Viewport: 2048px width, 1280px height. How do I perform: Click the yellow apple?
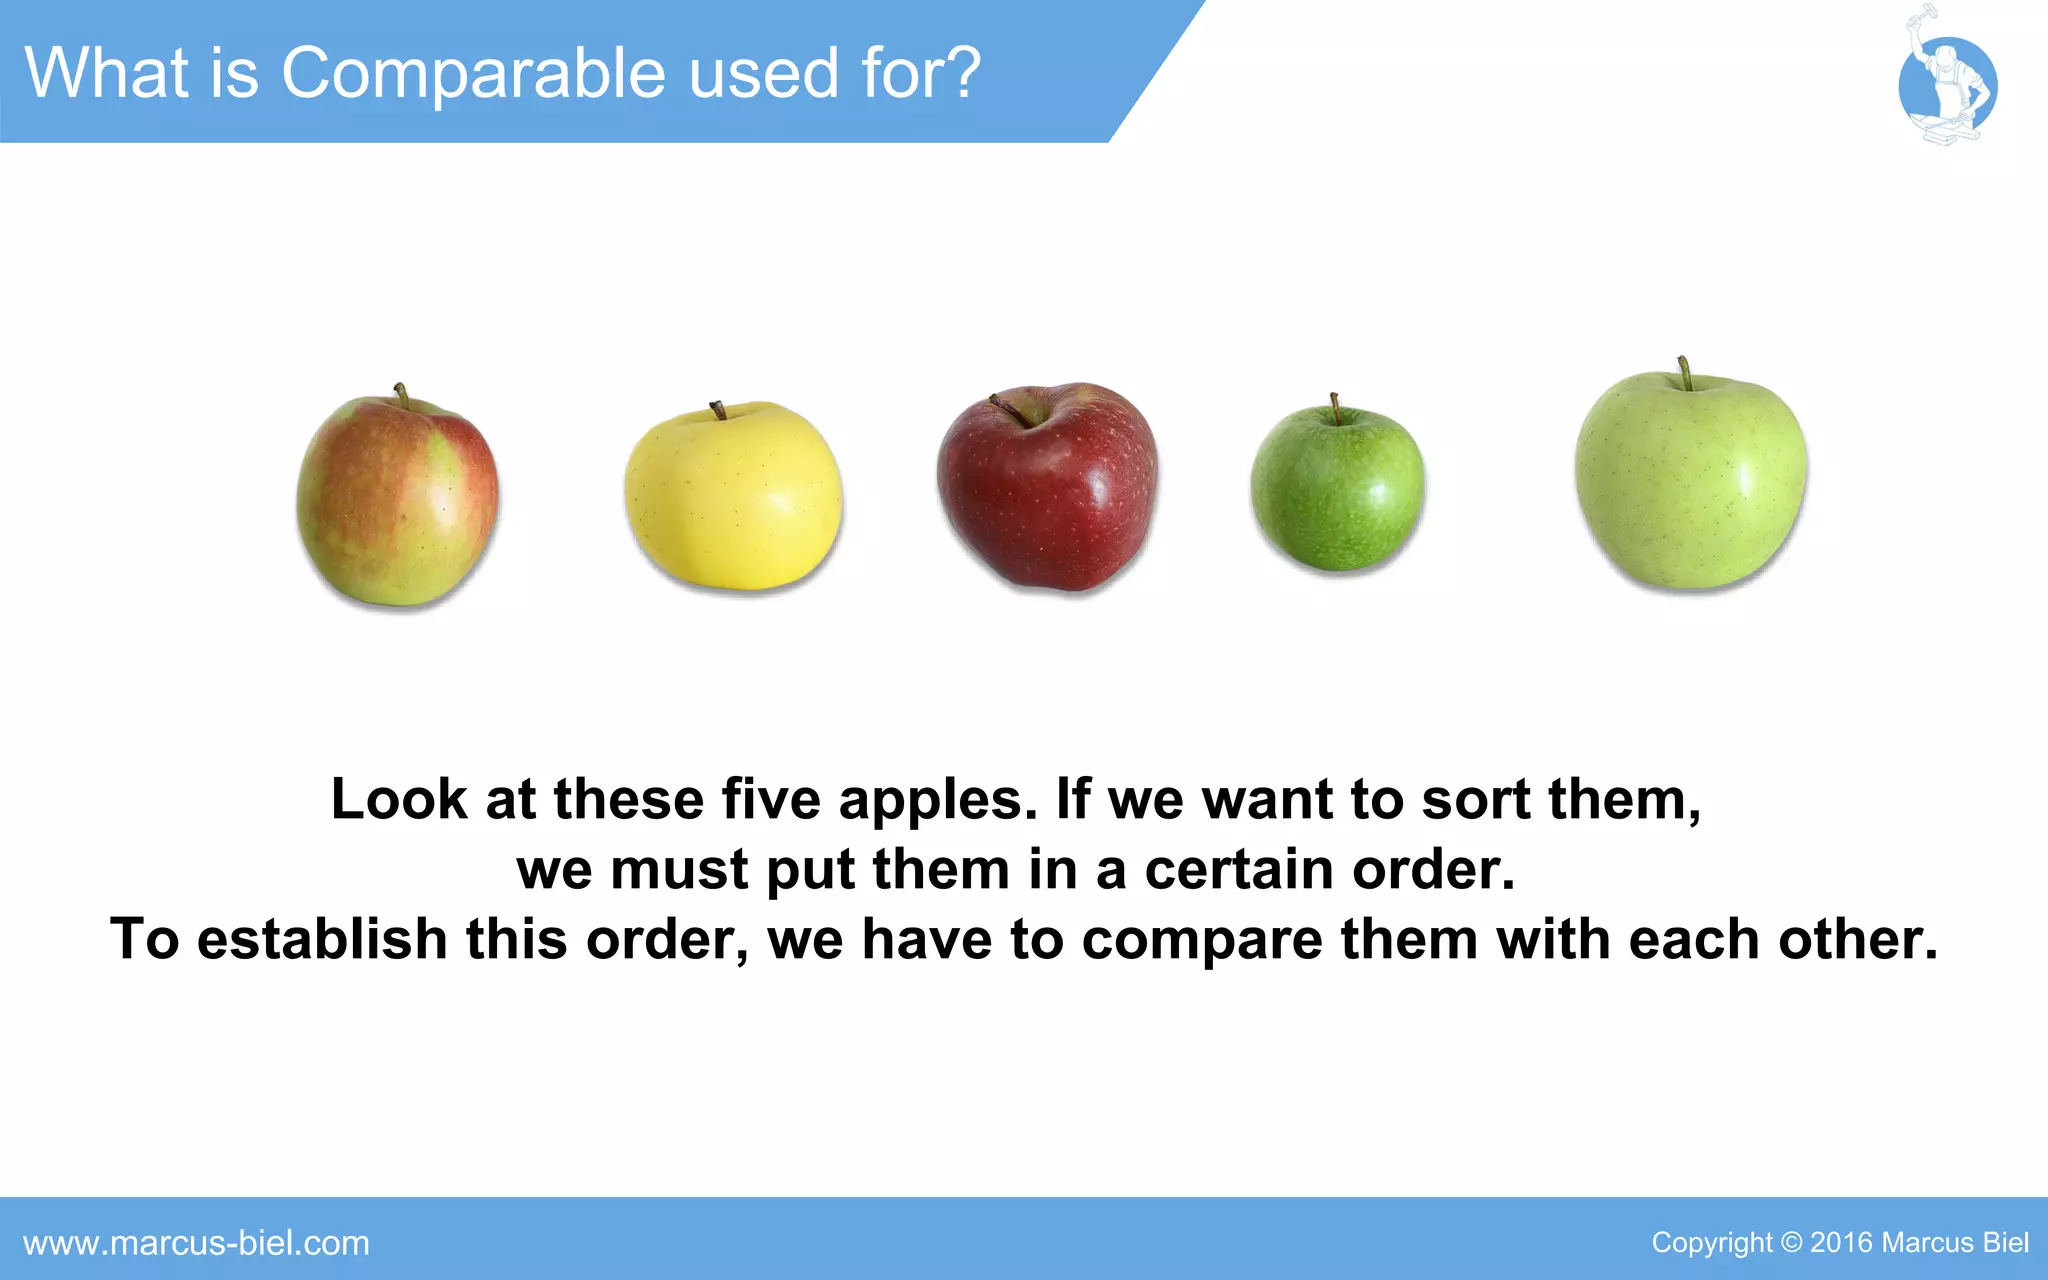[733, 496]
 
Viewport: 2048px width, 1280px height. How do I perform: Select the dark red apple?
[1047, 487]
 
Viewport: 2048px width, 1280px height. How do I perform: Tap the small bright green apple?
[1337, 489]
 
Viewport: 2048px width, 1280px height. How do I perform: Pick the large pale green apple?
[1691, 480]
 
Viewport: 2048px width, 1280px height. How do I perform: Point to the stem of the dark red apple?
[1008, 407]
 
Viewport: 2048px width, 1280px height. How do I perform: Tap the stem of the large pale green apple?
[1685, 373]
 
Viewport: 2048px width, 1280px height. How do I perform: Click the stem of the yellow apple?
[718, 410]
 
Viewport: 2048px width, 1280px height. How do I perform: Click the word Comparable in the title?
[475, 73]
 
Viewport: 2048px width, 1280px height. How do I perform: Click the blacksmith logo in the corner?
[1946, 84]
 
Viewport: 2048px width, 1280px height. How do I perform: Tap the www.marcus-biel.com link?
[196, 1243]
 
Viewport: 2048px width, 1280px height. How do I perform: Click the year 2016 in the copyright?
[1841, 1243]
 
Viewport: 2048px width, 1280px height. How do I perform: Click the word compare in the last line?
[1202, 940]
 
